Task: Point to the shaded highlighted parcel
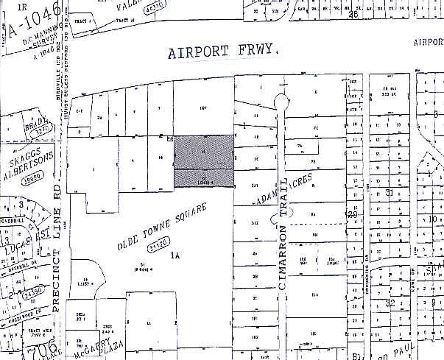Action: tap(204, 161)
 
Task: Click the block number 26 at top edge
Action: tap(353, 13)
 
